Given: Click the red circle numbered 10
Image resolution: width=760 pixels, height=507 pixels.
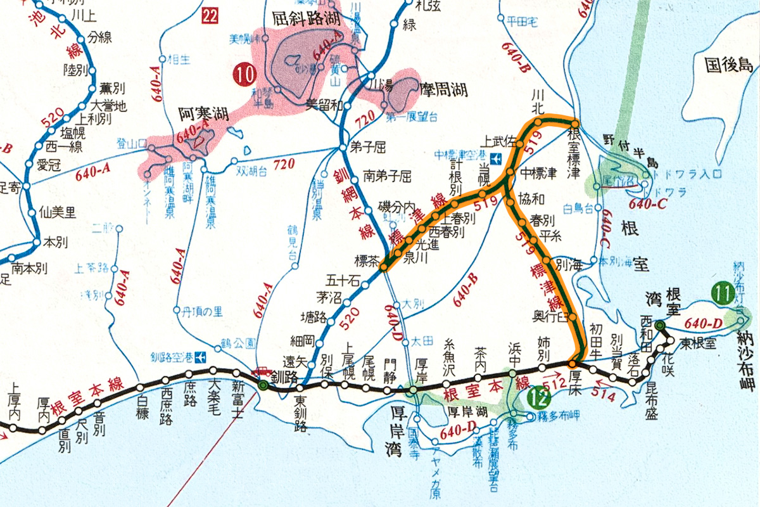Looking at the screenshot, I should (x=244, y=75).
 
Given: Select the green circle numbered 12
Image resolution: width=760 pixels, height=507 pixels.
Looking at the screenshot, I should (x=536, y=399).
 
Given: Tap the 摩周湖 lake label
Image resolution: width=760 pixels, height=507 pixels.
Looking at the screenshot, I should (x=443, y=90).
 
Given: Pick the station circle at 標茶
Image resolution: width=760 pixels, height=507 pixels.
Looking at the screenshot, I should (x=383, y=268).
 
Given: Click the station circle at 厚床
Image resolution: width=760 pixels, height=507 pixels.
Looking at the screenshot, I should (x=572, y=364).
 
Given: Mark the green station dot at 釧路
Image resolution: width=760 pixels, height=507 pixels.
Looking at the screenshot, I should (x=263, y=385).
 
